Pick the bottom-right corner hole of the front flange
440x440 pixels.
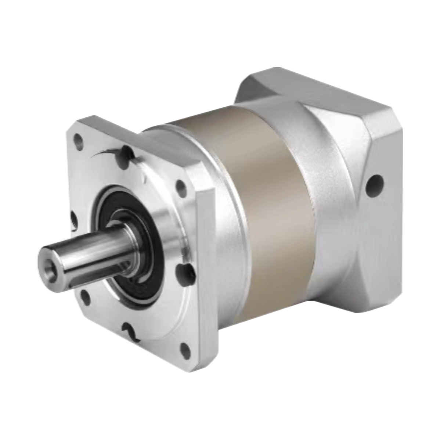[186, 351]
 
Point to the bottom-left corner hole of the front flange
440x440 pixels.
[86, 297]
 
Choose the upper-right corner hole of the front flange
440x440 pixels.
[181, 188]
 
